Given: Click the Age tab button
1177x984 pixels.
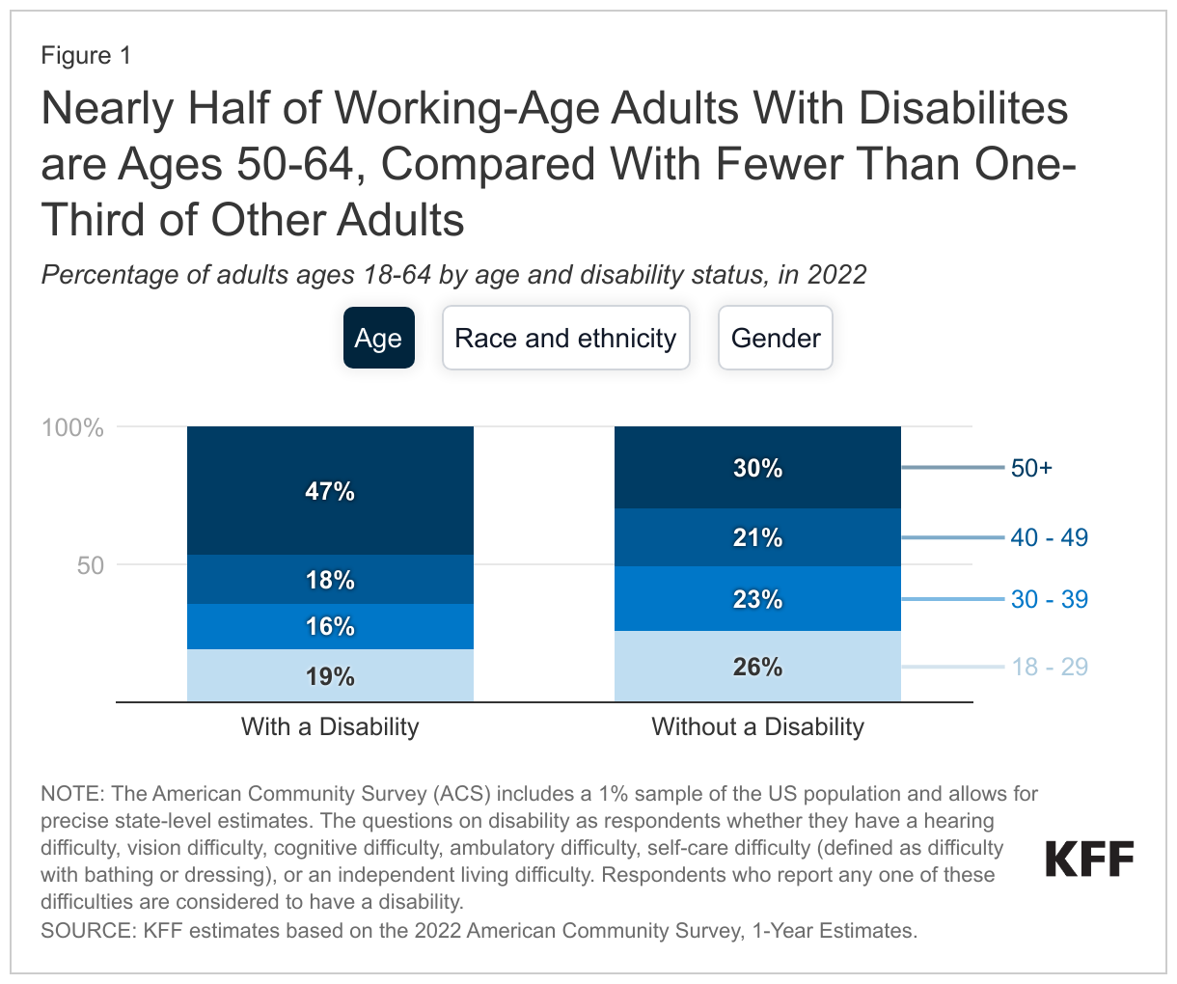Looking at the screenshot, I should [378, 338].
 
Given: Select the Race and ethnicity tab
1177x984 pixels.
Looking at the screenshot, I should [565, 338].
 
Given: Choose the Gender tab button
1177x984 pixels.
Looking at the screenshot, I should [775, 338].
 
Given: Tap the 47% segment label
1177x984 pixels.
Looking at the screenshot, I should [330, 491].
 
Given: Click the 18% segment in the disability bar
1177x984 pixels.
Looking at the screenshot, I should [330, 580].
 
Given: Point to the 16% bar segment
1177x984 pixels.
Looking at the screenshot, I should [330, 626].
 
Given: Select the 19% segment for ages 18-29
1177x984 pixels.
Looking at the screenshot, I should [330, 676].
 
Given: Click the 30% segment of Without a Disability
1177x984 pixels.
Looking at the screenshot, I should [757, 468].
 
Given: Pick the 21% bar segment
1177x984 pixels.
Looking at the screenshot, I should [757, 537].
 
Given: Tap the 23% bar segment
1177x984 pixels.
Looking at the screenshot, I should [757, 599].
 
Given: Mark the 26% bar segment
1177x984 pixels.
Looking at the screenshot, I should [757, 667].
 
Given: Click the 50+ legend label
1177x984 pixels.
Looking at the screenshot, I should [1031, 468].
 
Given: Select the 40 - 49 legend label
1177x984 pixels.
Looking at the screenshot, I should [1049, 537].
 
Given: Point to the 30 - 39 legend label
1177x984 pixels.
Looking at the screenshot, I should [1049, 599].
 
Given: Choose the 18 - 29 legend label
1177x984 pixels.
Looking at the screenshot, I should [1049, 667].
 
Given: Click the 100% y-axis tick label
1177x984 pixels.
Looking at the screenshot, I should [72, 427].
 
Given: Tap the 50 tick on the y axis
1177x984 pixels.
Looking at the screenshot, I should [90, 565].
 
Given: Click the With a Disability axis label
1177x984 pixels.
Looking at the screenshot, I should [330, 726].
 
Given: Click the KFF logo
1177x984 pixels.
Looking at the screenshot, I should [1089, 859].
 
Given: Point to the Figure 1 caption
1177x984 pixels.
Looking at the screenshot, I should [86, 55].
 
